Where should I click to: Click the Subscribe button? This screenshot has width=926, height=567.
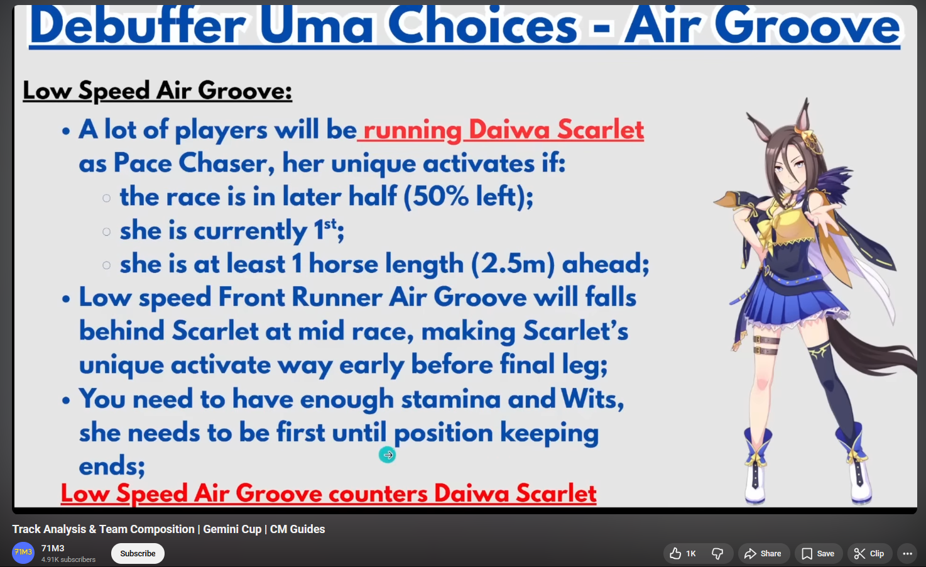pos(138,553)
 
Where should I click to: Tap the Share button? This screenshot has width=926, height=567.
pos(763,553)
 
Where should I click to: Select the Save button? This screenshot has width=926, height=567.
pos(818,553)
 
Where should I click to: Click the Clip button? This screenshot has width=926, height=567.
pos(869,553)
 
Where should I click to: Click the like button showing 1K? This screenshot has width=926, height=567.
pos(684,553)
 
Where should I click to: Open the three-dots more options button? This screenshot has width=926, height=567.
pos(907,553)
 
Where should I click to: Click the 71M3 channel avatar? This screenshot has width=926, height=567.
pos(23,553)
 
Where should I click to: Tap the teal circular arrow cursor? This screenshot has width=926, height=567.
pos(388,455)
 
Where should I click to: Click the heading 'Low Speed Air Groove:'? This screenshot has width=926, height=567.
pos(157,91)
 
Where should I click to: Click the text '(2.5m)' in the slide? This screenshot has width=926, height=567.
pos(513,263)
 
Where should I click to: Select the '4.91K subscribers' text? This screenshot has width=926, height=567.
pos(68,559)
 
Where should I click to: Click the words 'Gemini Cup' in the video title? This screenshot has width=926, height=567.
pos(232,529)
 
